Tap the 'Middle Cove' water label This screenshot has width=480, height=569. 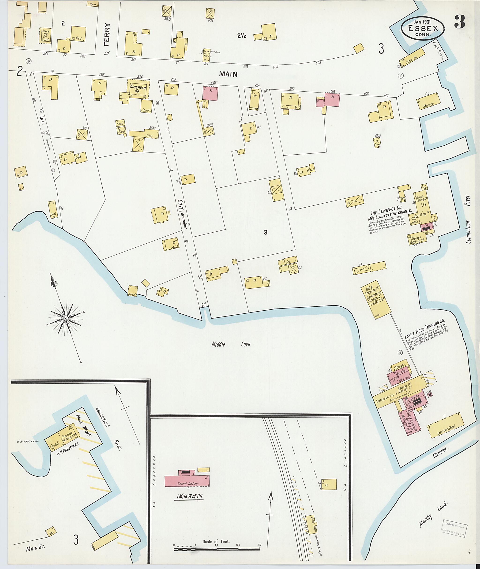point(231,344)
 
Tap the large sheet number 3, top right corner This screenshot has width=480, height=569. point(460,22)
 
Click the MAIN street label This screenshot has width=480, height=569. point(229,74)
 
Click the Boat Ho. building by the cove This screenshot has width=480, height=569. point(52,210)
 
